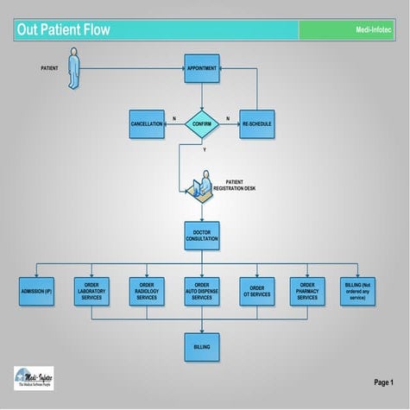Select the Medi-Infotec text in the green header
374,31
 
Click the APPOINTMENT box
202,67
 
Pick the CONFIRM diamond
202,123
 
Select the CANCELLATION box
147,123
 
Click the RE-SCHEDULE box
256,123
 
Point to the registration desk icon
199,183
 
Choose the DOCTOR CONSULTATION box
202,236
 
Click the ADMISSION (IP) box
37,292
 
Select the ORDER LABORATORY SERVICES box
91,292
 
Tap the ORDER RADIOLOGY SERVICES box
147,292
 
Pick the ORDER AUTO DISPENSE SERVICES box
202,292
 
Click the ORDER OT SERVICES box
255,292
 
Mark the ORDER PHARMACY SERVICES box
307,292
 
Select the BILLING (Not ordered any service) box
358,292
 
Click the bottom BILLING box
202,347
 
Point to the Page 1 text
383,382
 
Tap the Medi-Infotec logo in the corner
33,378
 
